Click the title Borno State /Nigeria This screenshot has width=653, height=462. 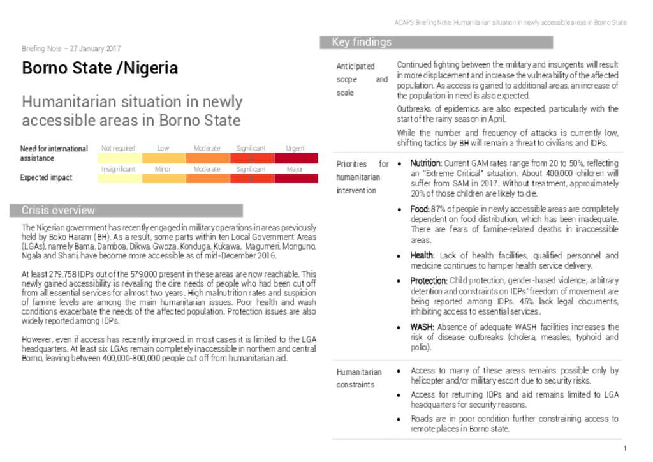pos(99,68)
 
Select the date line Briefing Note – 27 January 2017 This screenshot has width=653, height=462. pos(71,48)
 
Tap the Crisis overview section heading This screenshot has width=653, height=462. pos(58,211)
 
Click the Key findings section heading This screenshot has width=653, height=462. pos(362,43)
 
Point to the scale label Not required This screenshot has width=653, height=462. pos(118,148)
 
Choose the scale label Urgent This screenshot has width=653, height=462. pos(295,148)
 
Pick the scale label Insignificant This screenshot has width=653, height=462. pos(118,169)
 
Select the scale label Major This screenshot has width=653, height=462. pos(295,169)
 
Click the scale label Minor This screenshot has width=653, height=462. pos(163,169)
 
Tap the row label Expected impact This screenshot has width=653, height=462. pos(46,178)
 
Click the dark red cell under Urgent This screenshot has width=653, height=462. pos(295,158)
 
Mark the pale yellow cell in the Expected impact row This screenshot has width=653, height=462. pos(119,179)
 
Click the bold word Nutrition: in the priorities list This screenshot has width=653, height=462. pos(426,163)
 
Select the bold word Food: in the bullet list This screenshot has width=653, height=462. pos(420,209)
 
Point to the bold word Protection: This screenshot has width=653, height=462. pos(429,281)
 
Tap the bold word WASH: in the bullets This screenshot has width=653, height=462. pos(422,327)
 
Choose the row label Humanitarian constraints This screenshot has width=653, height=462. pos(359,378)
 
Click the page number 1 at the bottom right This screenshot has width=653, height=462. pos(626,448)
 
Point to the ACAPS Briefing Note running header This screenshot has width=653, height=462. pos(510,22)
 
